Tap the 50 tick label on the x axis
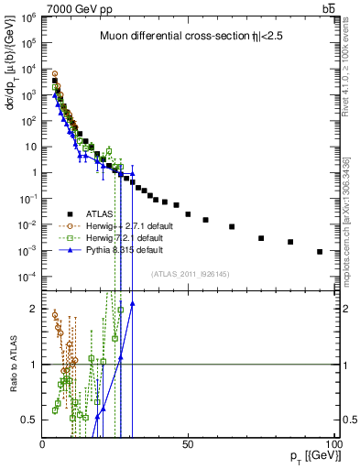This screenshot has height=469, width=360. pyautogui.click(x=188, y=444)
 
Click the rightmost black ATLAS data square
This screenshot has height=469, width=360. pyautogui.click(x=320, y=252)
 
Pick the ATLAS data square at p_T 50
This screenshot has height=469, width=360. pyautogui.click(x=188, y=214)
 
